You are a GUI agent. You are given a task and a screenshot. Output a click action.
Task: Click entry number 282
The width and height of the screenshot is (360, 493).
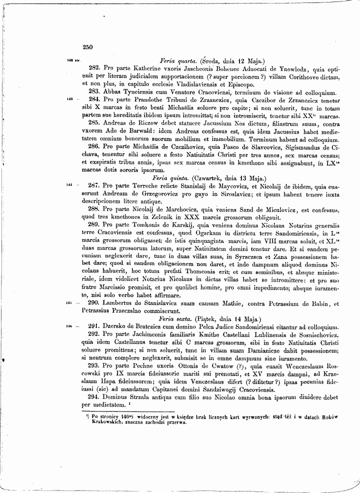95,68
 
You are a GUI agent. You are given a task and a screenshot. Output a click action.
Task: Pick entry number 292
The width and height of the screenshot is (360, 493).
95,334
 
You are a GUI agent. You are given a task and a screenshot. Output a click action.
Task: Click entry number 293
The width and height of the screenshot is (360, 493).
95,365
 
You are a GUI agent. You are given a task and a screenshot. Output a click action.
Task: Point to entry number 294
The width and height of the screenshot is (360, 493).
95,396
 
